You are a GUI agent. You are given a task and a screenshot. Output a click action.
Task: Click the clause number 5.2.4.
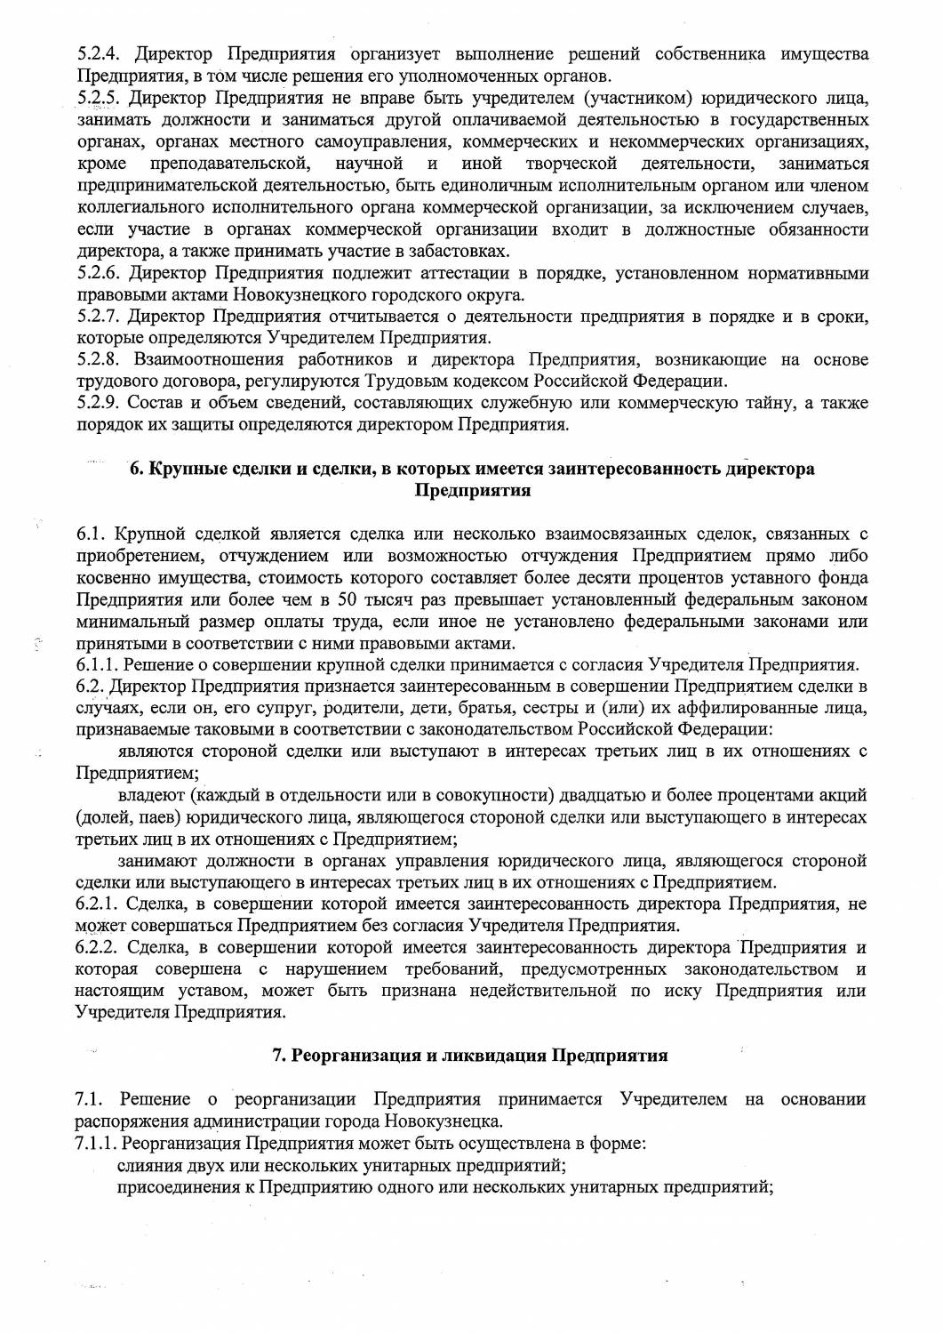[98, 54]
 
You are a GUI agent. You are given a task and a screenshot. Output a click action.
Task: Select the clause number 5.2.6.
[98, 272]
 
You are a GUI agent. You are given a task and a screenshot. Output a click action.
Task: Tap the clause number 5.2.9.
[98, 403]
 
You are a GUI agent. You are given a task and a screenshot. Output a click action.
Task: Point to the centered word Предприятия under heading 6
[473, 490]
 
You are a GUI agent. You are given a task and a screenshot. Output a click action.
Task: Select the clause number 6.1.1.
[98, 664]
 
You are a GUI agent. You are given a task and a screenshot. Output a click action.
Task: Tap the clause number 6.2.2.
[98, 945]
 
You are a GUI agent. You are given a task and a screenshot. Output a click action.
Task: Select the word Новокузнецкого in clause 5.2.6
[300, 294]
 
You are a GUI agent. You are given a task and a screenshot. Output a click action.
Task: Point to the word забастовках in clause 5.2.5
[463, 251]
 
